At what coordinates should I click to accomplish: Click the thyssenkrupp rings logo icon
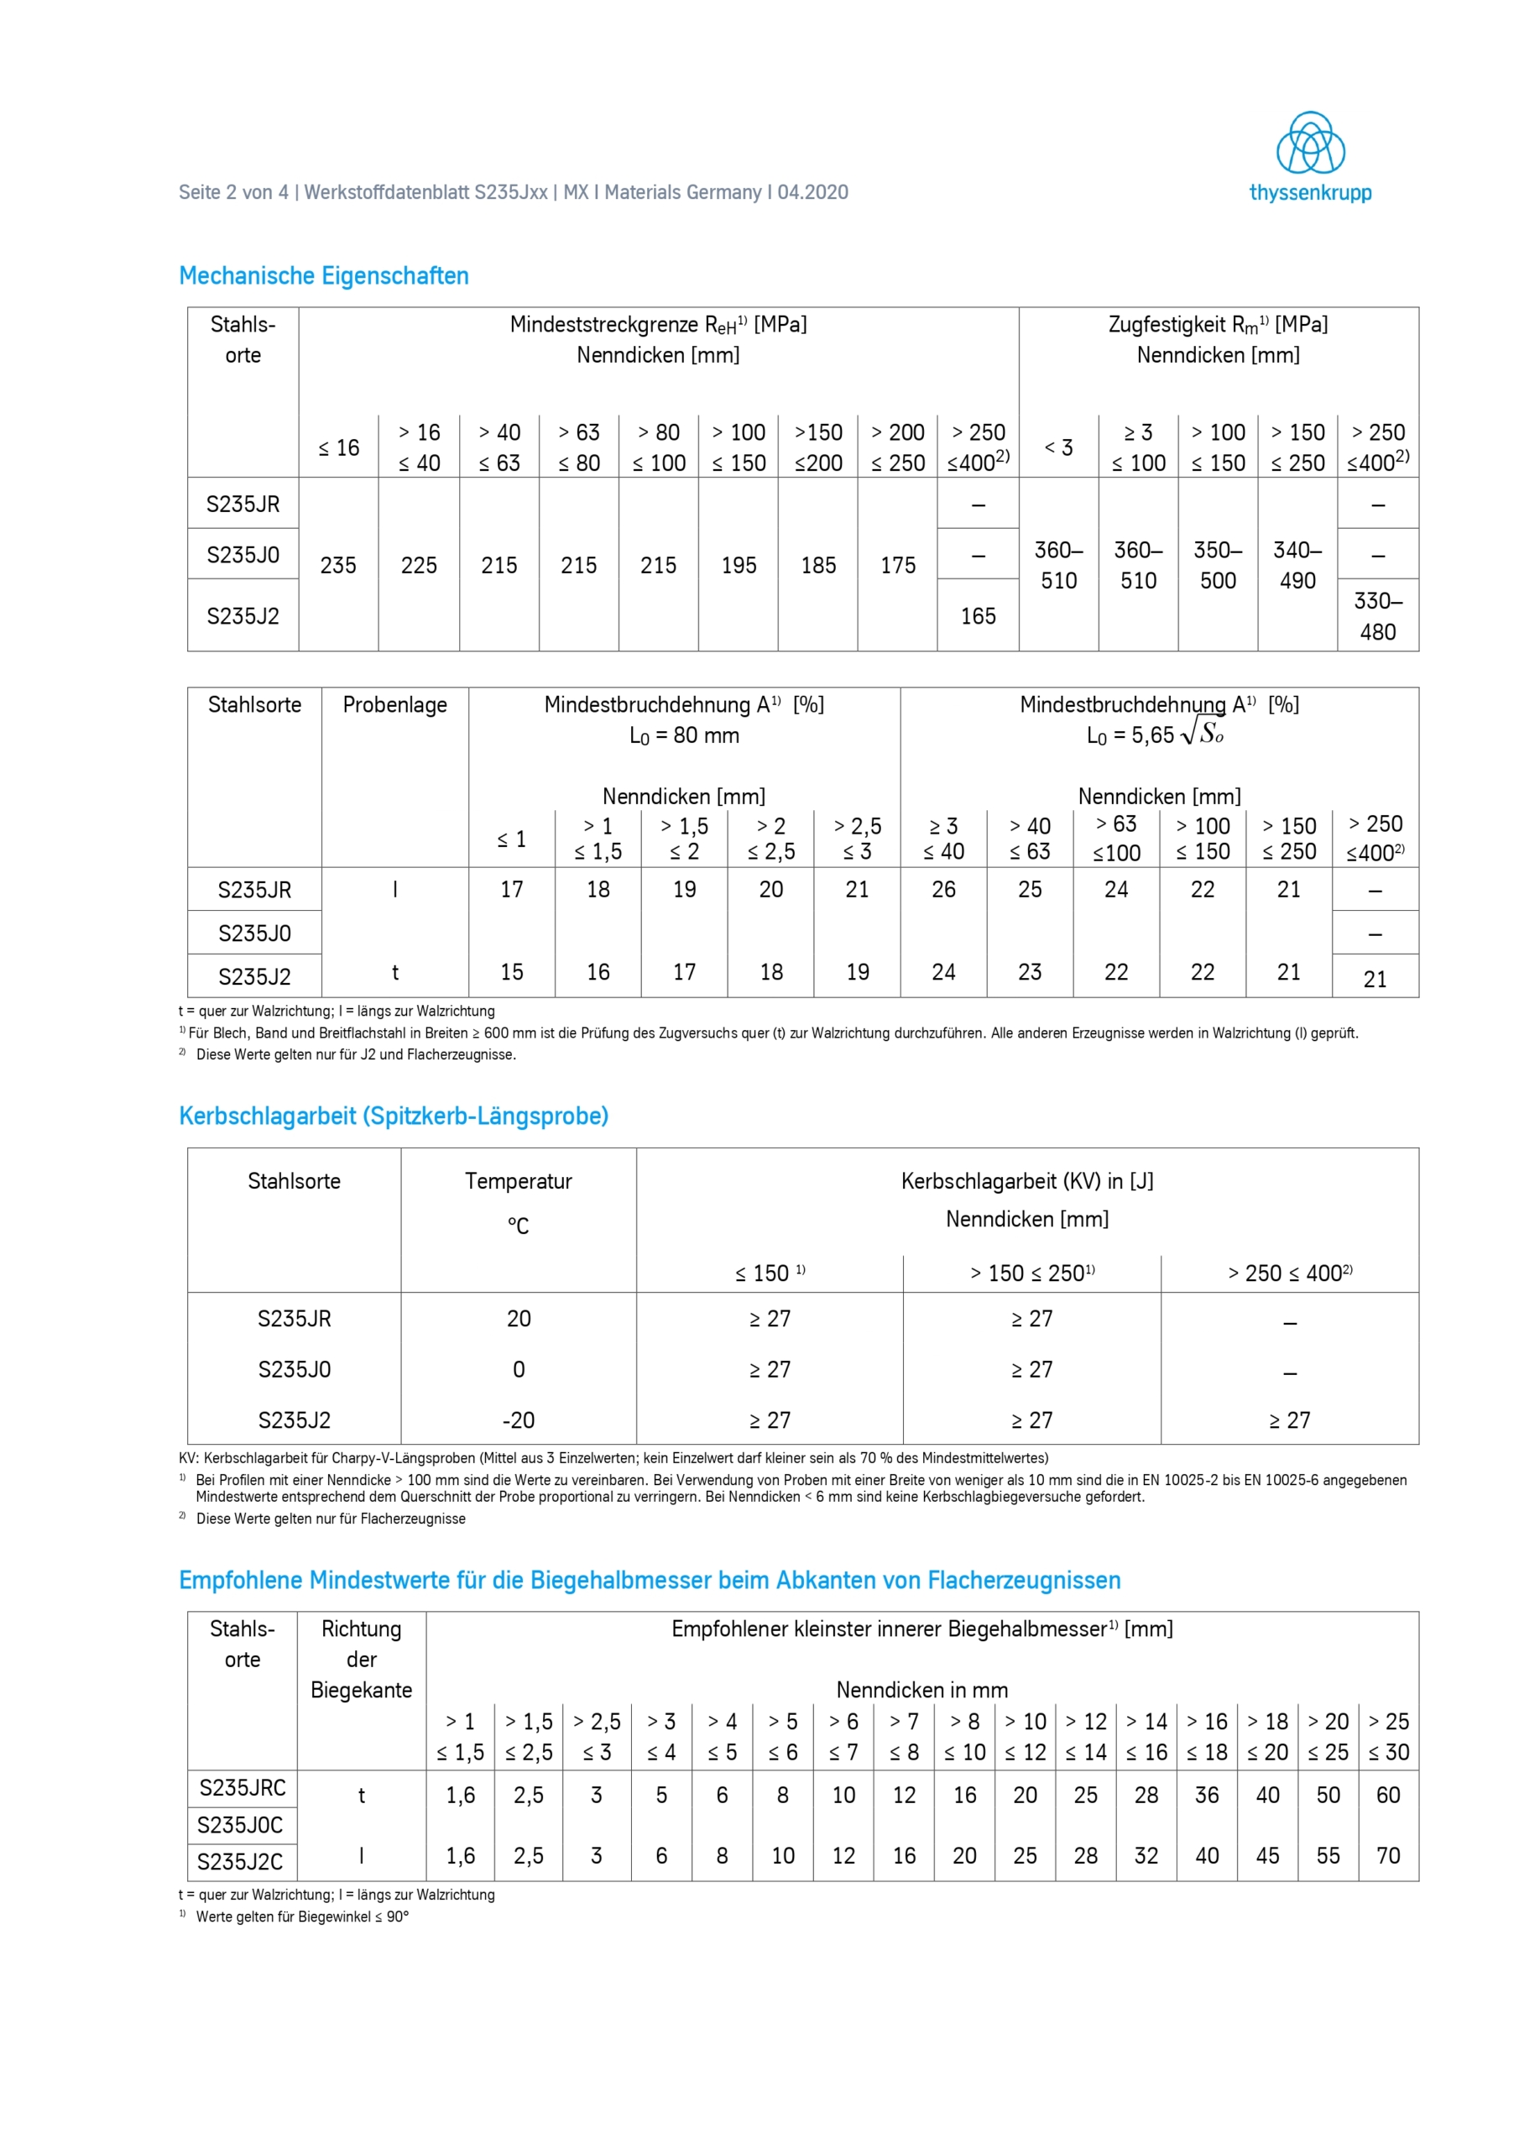pos(1310,144)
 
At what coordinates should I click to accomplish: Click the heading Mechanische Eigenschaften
pos(324,276)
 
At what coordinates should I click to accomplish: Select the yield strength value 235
pos(338,565)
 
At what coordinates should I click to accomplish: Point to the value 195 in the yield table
pos(739,565)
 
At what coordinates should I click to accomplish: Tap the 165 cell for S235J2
pos(978,616)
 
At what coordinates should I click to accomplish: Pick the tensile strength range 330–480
pos(1378,616)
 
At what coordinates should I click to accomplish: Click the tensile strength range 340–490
pos(1297,565)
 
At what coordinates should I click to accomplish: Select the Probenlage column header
pos(395,705)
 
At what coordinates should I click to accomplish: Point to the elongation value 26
pos(943,889)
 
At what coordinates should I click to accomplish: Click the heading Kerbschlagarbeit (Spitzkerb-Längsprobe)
pos(393,1116)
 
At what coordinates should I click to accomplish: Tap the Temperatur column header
pos(519,1181)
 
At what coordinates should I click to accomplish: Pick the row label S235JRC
pos(243,1788)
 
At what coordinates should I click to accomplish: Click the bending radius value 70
pos(1388,1855)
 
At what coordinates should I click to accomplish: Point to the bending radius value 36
pos(1207,1796)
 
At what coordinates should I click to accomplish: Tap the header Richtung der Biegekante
pos(361,1660)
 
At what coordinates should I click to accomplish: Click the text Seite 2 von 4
pos(233,193)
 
